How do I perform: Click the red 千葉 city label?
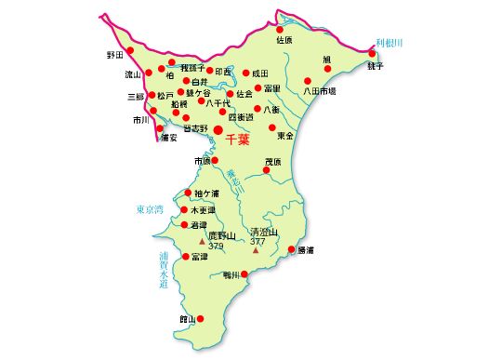[238, 140]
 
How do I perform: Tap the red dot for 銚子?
[372, 54]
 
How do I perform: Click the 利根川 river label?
[389, 43]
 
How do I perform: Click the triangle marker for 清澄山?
[256, 249]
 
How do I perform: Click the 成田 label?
[260, 73]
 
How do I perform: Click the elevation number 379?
[216, 247]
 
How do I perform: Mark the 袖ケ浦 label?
[206, 193]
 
